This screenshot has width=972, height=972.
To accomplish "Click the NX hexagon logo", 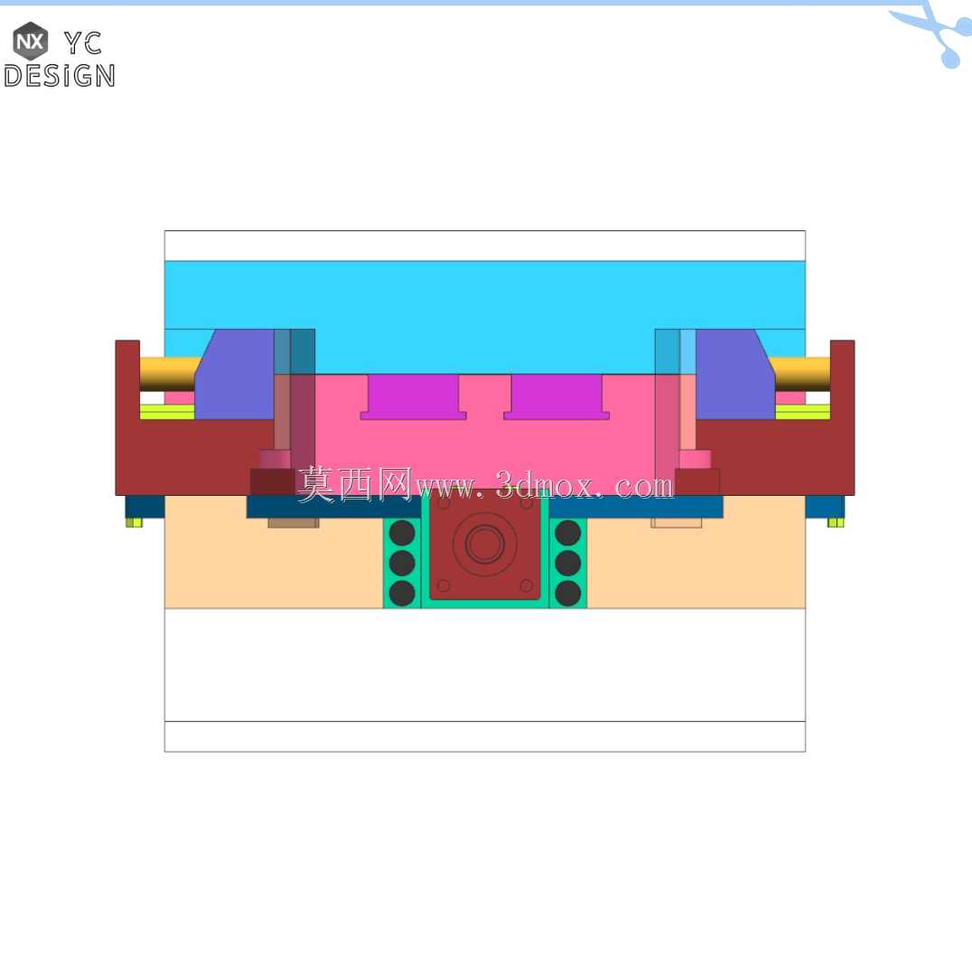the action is tap(31, 41).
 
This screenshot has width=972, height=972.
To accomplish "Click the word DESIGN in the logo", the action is tap(60, 76).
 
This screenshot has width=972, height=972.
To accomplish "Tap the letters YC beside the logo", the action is tap(83, 42).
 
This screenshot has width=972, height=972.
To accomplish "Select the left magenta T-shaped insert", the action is tap(414, 397).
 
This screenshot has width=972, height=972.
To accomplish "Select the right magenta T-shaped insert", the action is tap(556, 397).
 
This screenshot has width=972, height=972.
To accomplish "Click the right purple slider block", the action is tap(735, 374).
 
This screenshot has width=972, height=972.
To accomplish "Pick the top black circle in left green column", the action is tap(402, 532).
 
